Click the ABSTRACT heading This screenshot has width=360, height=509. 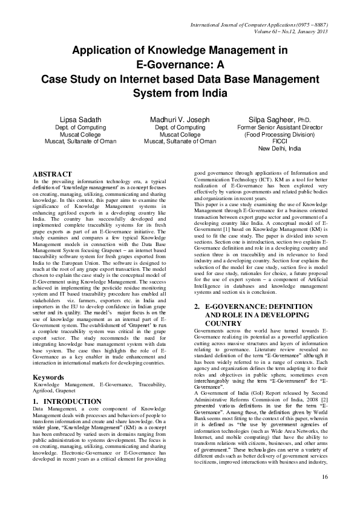point(52,174)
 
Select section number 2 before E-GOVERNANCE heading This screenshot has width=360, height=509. point(197,307)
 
